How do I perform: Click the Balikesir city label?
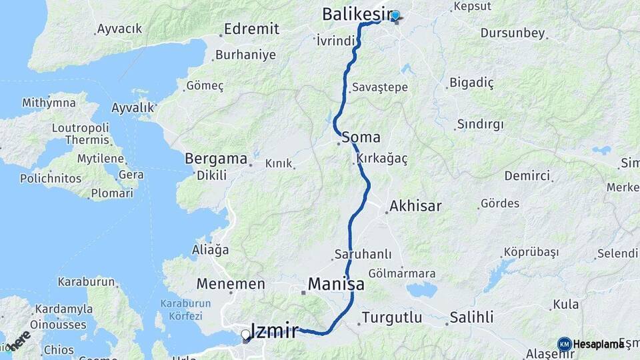(x=354, y=13)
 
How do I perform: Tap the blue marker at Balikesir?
(x=395, y=15)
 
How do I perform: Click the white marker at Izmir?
(x=246, y=335)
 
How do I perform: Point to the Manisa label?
(x=336, y=285)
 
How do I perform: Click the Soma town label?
(x=362, y=138)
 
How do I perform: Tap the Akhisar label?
(x=417, y=206)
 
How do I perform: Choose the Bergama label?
(x=215, y=160)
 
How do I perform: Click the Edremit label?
(x=251, y=29)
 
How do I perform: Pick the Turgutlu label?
(x=392, y=317)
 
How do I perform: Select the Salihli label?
(x=471, y=317)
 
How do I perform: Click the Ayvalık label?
(x=133, y=107)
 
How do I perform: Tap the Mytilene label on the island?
(x=101, y=159)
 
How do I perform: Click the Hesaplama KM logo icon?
(x=564, y=343)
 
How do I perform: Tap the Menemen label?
(x=230, y=284)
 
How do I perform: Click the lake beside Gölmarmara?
(x=421, y=290)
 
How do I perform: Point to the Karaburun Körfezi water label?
(x=185, y=308)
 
